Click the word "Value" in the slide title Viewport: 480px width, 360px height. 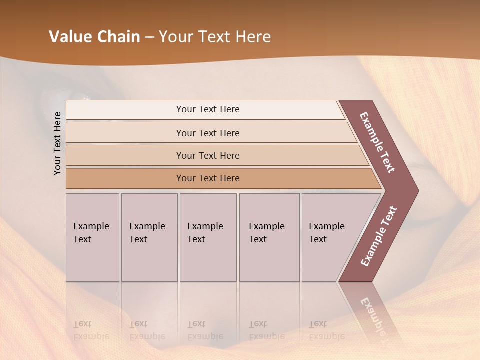pos(69,37)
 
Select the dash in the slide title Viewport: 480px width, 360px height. pos(149,37)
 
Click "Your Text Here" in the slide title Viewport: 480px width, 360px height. pos(215,37)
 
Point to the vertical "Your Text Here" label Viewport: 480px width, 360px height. pos(57,143)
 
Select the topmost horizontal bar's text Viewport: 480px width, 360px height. pos(208,109)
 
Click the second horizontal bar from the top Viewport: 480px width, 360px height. pos(208,133)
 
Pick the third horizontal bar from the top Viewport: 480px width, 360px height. pos(208,155)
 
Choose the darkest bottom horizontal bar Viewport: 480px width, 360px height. pos(208,178)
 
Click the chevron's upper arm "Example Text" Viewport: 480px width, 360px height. pos(377,142)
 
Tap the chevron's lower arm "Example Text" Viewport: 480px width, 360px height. pos(378,236)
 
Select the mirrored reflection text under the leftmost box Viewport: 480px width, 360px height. pos(91,330)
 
